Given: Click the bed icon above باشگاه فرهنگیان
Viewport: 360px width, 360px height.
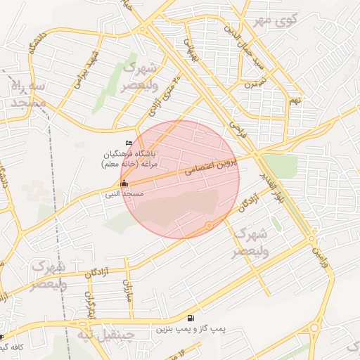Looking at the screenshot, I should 128,143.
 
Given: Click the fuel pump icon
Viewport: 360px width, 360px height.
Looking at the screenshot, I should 191,318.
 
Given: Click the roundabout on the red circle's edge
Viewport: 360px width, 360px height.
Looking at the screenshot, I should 209,225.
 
